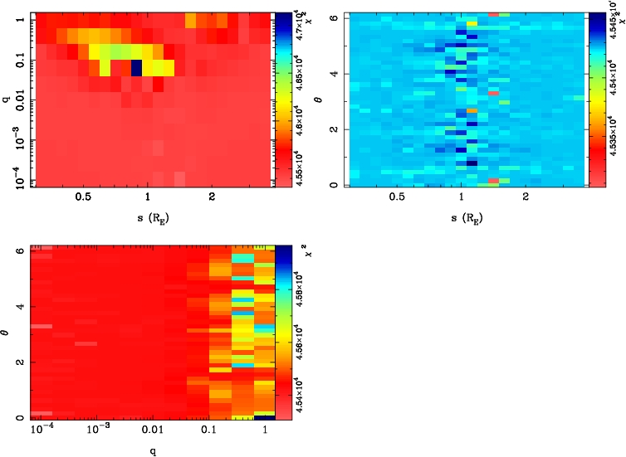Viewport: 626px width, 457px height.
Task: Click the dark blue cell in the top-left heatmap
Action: pyautogui.click(x=135, y=66)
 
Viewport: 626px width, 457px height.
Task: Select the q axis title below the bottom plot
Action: pyautogui.click(x=150, y=453)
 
